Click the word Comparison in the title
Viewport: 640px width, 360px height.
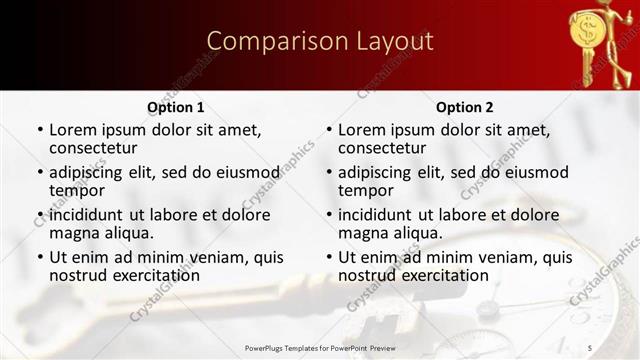click(x=268, y=41)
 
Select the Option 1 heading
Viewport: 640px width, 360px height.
click(x=176, y=107)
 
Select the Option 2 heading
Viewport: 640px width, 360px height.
click(x=464, y=107)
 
